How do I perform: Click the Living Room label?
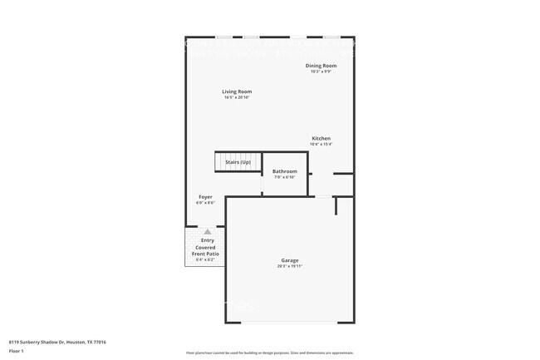click(x=237, y=91)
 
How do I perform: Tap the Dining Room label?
click(x=321, y=65)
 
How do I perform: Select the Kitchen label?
click(x=322, y=138)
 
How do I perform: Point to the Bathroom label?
click(x=285, y=171)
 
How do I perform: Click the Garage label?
click(x=289, y=260)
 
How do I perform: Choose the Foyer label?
click(x=205, y=197)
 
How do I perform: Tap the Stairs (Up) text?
click(x=238, y=161)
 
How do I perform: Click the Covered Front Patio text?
click(x=205, y=250)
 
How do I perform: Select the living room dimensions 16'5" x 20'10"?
click(x=237, y=98)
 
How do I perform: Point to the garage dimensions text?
click(x=289, y=267)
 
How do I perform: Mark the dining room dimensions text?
click(x=321, y=72)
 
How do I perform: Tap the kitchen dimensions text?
click(x=322, y=145)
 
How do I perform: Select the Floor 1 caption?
click(x=17, y=352)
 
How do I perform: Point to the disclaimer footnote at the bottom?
click(x=269, y=353)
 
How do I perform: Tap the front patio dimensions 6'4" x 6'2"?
click(x=205, y=260)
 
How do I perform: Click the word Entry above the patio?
click(x=208, y=240)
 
